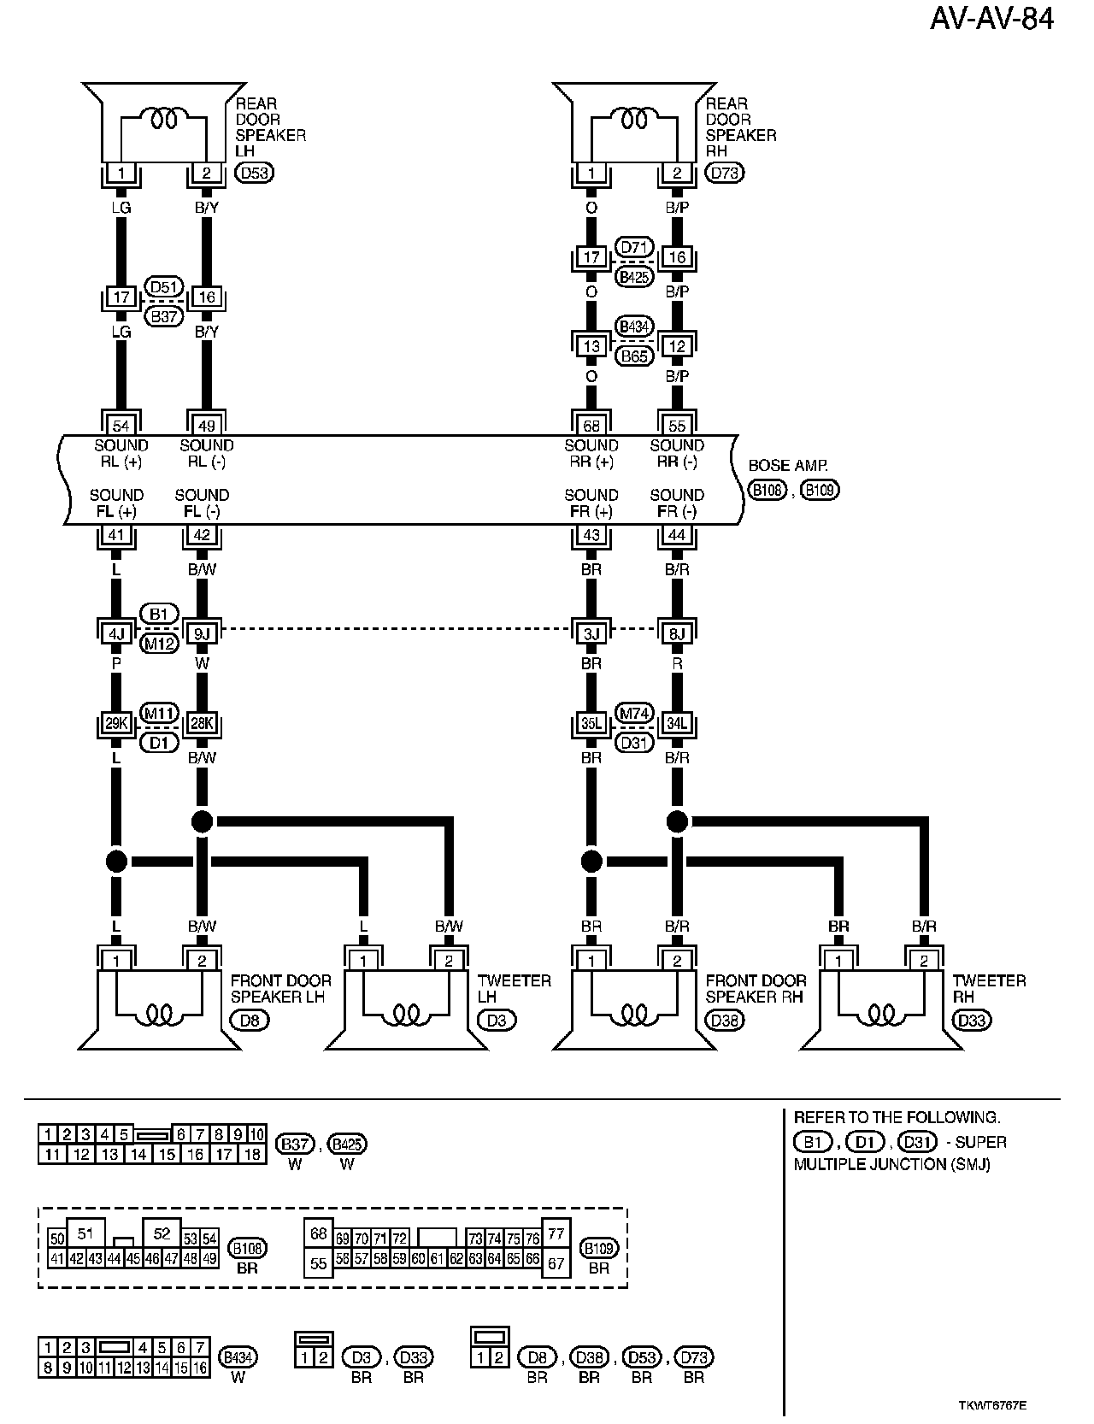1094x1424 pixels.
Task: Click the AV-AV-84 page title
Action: click(x=991, y=19)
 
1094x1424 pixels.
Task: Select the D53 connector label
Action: click(x=254, y=174)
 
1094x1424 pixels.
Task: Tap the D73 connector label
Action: click(x=725, y=174)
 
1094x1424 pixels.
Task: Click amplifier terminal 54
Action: click(x=121, y=425)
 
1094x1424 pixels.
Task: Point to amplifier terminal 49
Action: click(x=206, y=425)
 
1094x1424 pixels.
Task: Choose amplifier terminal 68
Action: click(x=591, y=425)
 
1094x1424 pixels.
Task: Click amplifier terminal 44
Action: click(x=677, y=535)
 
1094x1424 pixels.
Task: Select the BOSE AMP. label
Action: click(x=788, y=467)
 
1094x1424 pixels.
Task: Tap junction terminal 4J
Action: click(x=117, y=633)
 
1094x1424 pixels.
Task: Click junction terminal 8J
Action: click(x=677, y=633)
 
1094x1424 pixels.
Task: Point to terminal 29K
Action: click(x=116, y=724)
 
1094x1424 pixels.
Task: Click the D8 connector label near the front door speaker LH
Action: click(x=250, y=1019)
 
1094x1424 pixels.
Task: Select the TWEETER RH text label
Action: click(x=989, y=989)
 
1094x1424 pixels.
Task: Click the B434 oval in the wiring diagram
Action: click(x=634, y=327)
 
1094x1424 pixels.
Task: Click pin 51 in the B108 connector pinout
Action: click(x=85, y=1233)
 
